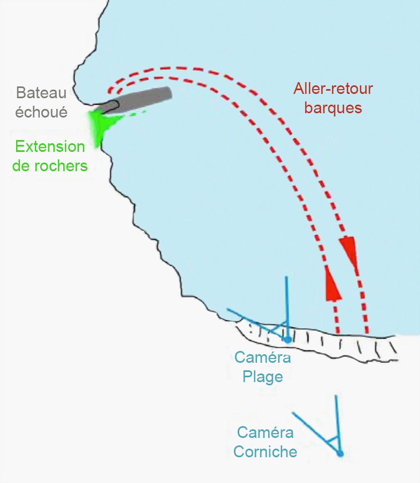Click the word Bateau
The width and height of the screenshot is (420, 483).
41,93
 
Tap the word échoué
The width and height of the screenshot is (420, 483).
41,112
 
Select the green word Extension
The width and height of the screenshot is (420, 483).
50,147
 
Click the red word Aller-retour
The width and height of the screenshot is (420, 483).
333,89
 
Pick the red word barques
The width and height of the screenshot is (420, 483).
333,108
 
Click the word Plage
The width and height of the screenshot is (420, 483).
263,377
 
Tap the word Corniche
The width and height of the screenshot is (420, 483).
265,452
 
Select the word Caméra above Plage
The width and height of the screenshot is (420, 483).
263,357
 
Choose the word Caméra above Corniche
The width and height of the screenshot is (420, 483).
265,433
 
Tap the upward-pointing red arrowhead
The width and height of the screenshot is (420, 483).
332,283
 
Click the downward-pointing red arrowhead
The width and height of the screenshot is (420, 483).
350,251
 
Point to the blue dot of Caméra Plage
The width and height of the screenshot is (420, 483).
288,340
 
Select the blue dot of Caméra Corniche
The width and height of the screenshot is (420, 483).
340,453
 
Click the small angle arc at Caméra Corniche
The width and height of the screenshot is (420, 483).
333,439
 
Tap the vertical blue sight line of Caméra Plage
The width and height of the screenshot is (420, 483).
287,308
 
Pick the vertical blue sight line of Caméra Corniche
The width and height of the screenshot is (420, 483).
338,424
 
